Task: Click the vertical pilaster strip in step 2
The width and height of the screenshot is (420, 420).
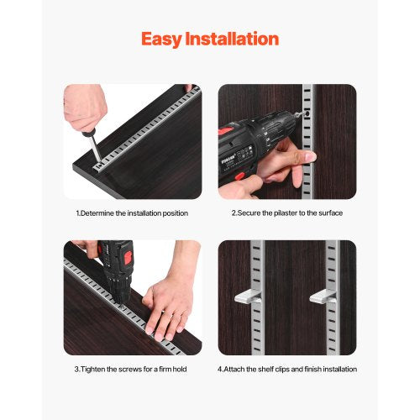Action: tap(308, 134)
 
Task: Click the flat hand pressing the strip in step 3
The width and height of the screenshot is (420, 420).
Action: tap(167, 302)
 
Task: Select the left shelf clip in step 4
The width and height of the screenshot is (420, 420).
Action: tap(246, 297)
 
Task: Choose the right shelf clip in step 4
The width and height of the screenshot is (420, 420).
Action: tap(322, 297)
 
